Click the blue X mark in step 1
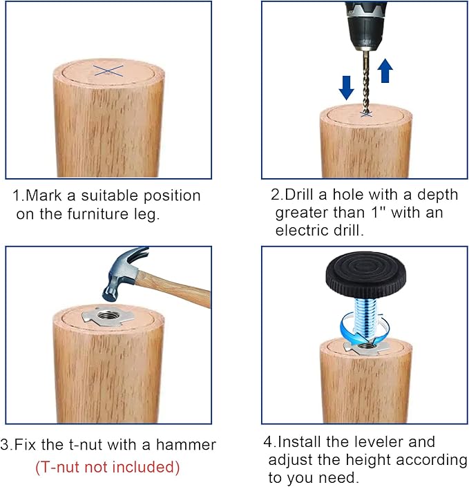coord(108,71)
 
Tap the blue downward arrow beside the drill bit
coord(346,88)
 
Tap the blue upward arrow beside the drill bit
coord(385,70)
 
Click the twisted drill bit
coord(367,83)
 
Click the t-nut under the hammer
coord(108,316)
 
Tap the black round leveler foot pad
coord(365,274)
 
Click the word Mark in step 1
coord(44,195)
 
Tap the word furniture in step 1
coord(97,214)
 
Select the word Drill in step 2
coord(299,195)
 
